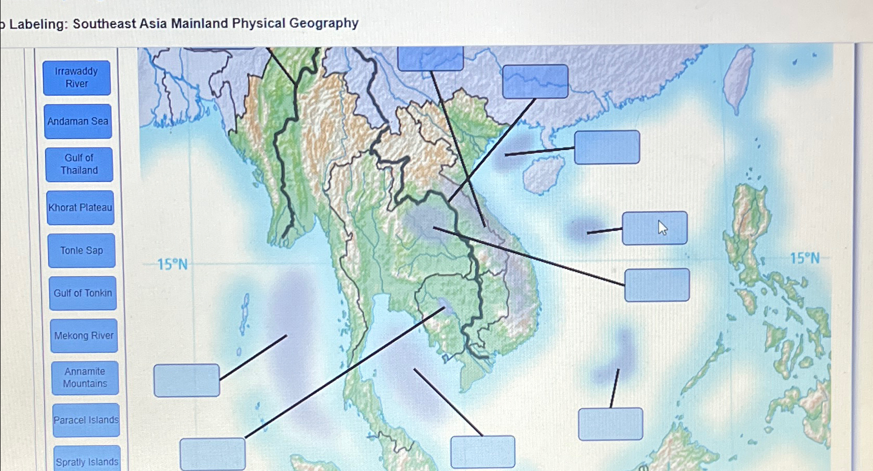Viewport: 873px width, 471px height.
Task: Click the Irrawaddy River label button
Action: (77, 78)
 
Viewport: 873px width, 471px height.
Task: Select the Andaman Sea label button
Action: (78, 121)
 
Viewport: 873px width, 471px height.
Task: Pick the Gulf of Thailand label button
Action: (79, 164)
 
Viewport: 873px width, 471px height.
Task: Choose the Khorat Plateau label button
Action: (80, 207)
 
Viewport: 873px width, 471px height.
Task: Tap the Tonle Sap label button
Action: (81, 251)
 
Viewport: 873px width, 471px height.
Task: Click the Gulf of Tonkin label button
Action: (82, 293)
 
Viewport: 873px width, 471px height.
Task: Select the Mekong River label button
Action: (84, 336)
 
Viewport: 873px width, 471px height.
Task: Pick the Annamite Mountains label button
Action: (85, 378)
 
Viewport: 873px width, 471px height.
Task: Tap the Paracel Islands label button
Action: (86, 420)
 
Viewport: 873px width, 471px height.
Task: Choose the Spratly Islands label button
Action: (87, 461)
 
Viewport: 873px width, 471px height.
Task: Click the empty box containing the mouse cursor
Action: (655, 228)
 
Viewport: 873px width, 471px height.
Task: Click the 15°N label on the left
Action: (172, 265)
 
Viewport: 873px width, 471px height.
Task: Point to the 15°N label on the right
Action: (805, 258)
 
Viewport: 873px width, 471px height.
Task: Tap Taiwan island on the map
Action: (738, 78)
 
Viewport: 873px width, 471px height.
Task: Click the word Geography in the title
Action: (324, 23)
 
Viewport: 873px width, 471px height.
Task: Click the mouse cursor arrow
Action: (662, 227)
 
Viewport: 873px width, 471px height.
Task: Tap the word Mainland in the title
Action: (200, 24)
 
